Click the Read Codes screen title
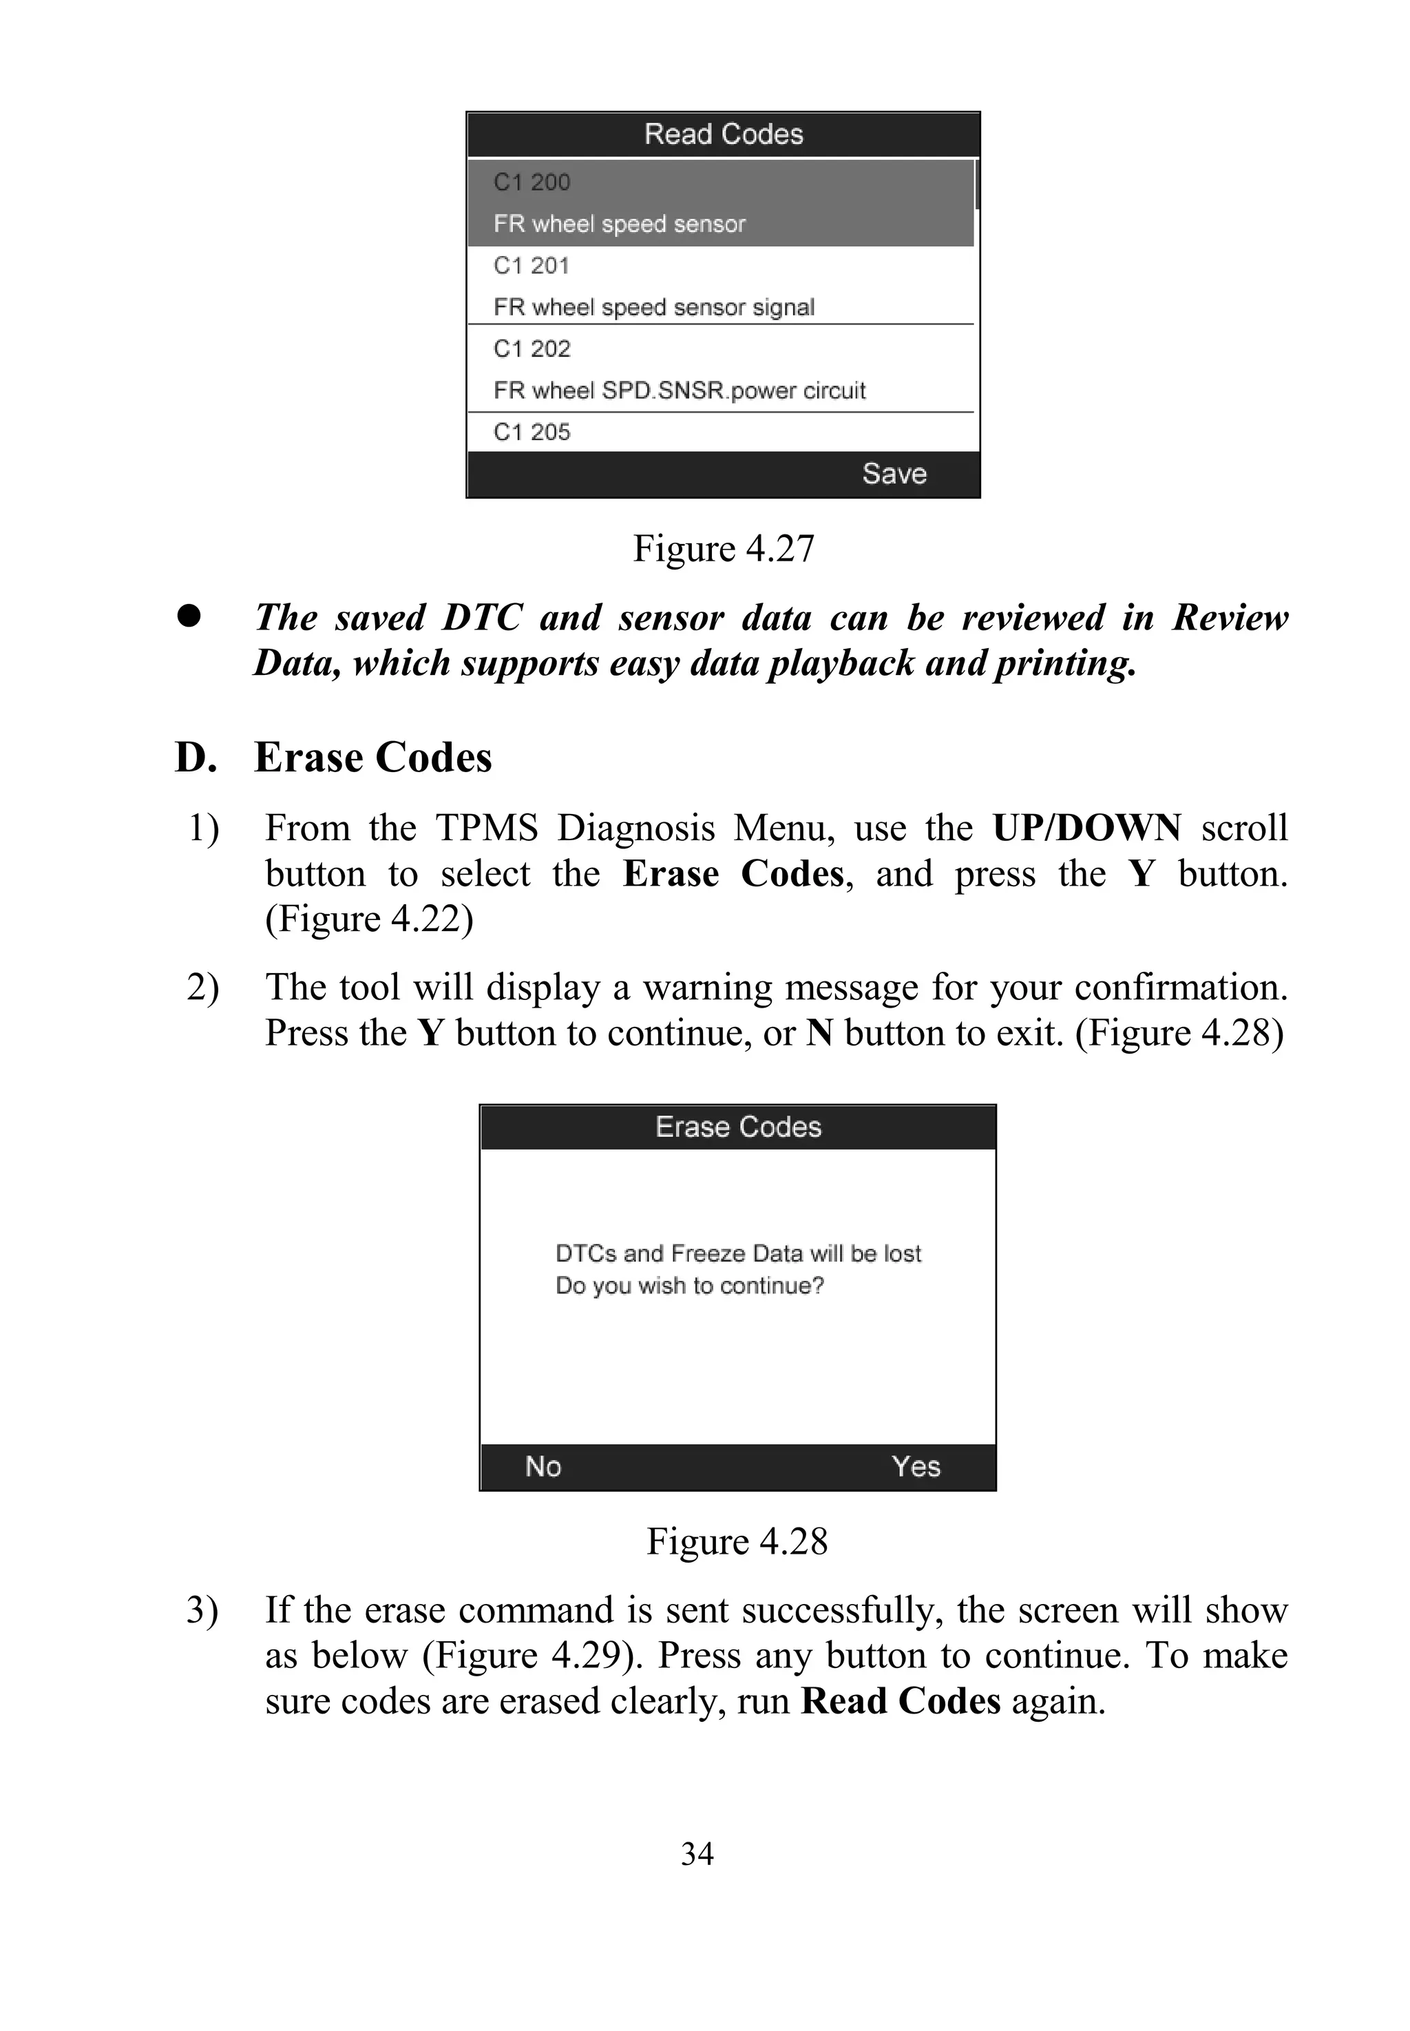click(724, 134)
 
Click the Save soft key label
click(894, 474)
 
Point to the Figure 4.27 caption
click(723, 549)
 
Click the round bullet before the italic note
click(188, 616)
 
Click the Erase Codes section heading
click(373, 758)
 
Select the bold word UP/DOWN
click(1086, 828)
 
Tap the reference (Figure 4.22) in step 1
click(369, 919)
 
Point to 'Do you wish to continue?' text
click(689, 1286)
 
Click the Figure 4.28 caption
click(737, 1541)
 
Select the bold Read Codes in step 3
click(901, 1701)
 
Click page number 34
click(697, 1853)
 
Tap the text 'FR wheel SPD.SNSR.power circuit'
click(680, 390)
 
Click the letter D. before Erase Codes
click(196, 758)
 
